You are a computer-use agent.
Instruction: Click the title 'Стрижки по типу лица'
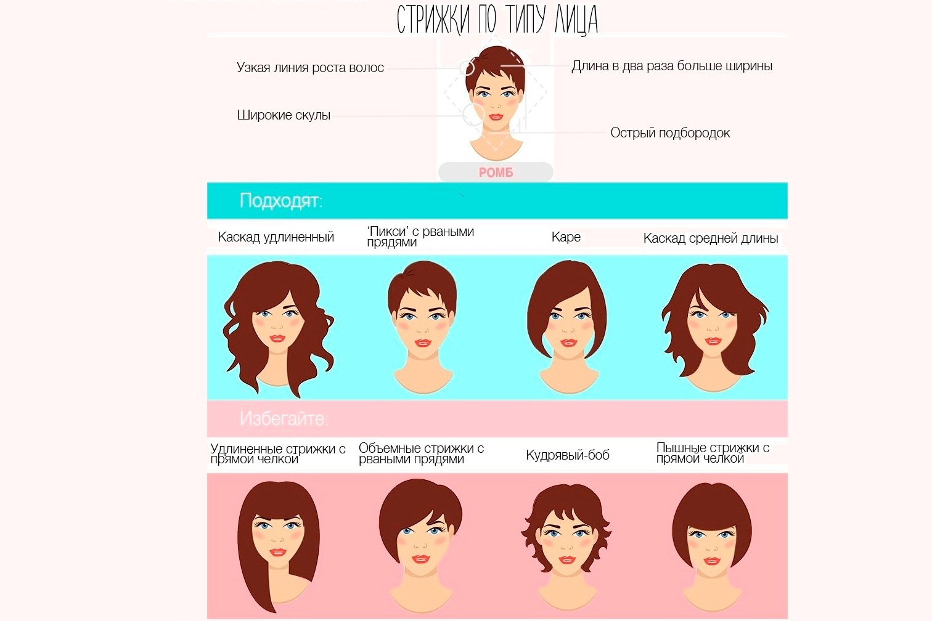pos(497,20)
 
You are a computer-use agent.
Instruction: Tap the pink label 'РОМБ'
pos(496,172)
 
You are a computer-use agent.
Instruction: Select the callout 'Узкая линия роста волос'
pos(310,67)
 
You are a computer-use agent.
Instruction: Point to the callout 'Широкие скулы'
pos(284,115)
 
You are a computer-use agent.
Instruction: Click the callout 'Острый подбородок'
pos(670,133)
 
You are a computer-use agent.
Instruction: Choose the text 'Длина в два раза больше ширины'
pos(671,66)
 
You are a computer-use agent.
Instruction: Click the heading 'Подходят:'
pos(281,200)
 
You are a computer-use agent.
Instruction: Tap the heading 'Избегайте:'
pos(284,418)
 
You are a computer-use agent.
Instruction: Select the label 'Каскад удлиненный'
pos(276,237)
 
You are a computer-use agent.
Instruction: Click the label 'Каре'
pos(566,237)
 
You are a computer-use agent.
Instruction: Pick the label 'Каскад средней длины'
pos(711,238)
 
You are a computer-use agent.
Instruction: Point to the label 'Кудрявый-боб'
pos(568,455)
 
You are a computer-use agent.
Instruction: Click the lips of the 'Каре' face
pos(568,343)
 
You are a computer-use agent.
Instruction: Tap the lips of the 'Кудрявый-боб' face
pos(566,560)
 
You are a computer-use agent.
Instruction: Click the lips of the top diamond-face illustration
pos(496,117)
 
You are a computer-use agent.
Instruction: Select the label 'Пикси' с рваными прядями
pos(420,237)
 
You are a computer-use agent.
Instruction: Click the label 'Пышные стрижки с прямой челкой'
pos(713,453)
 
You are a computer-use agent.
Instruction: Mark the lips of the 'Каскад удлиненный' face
pos(277,338)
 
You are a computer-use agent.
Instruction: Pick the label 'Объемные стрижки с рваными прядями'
pos(421,453)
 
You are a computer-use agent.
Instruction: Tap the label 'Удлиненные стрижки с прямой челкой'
pos(278,454)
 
